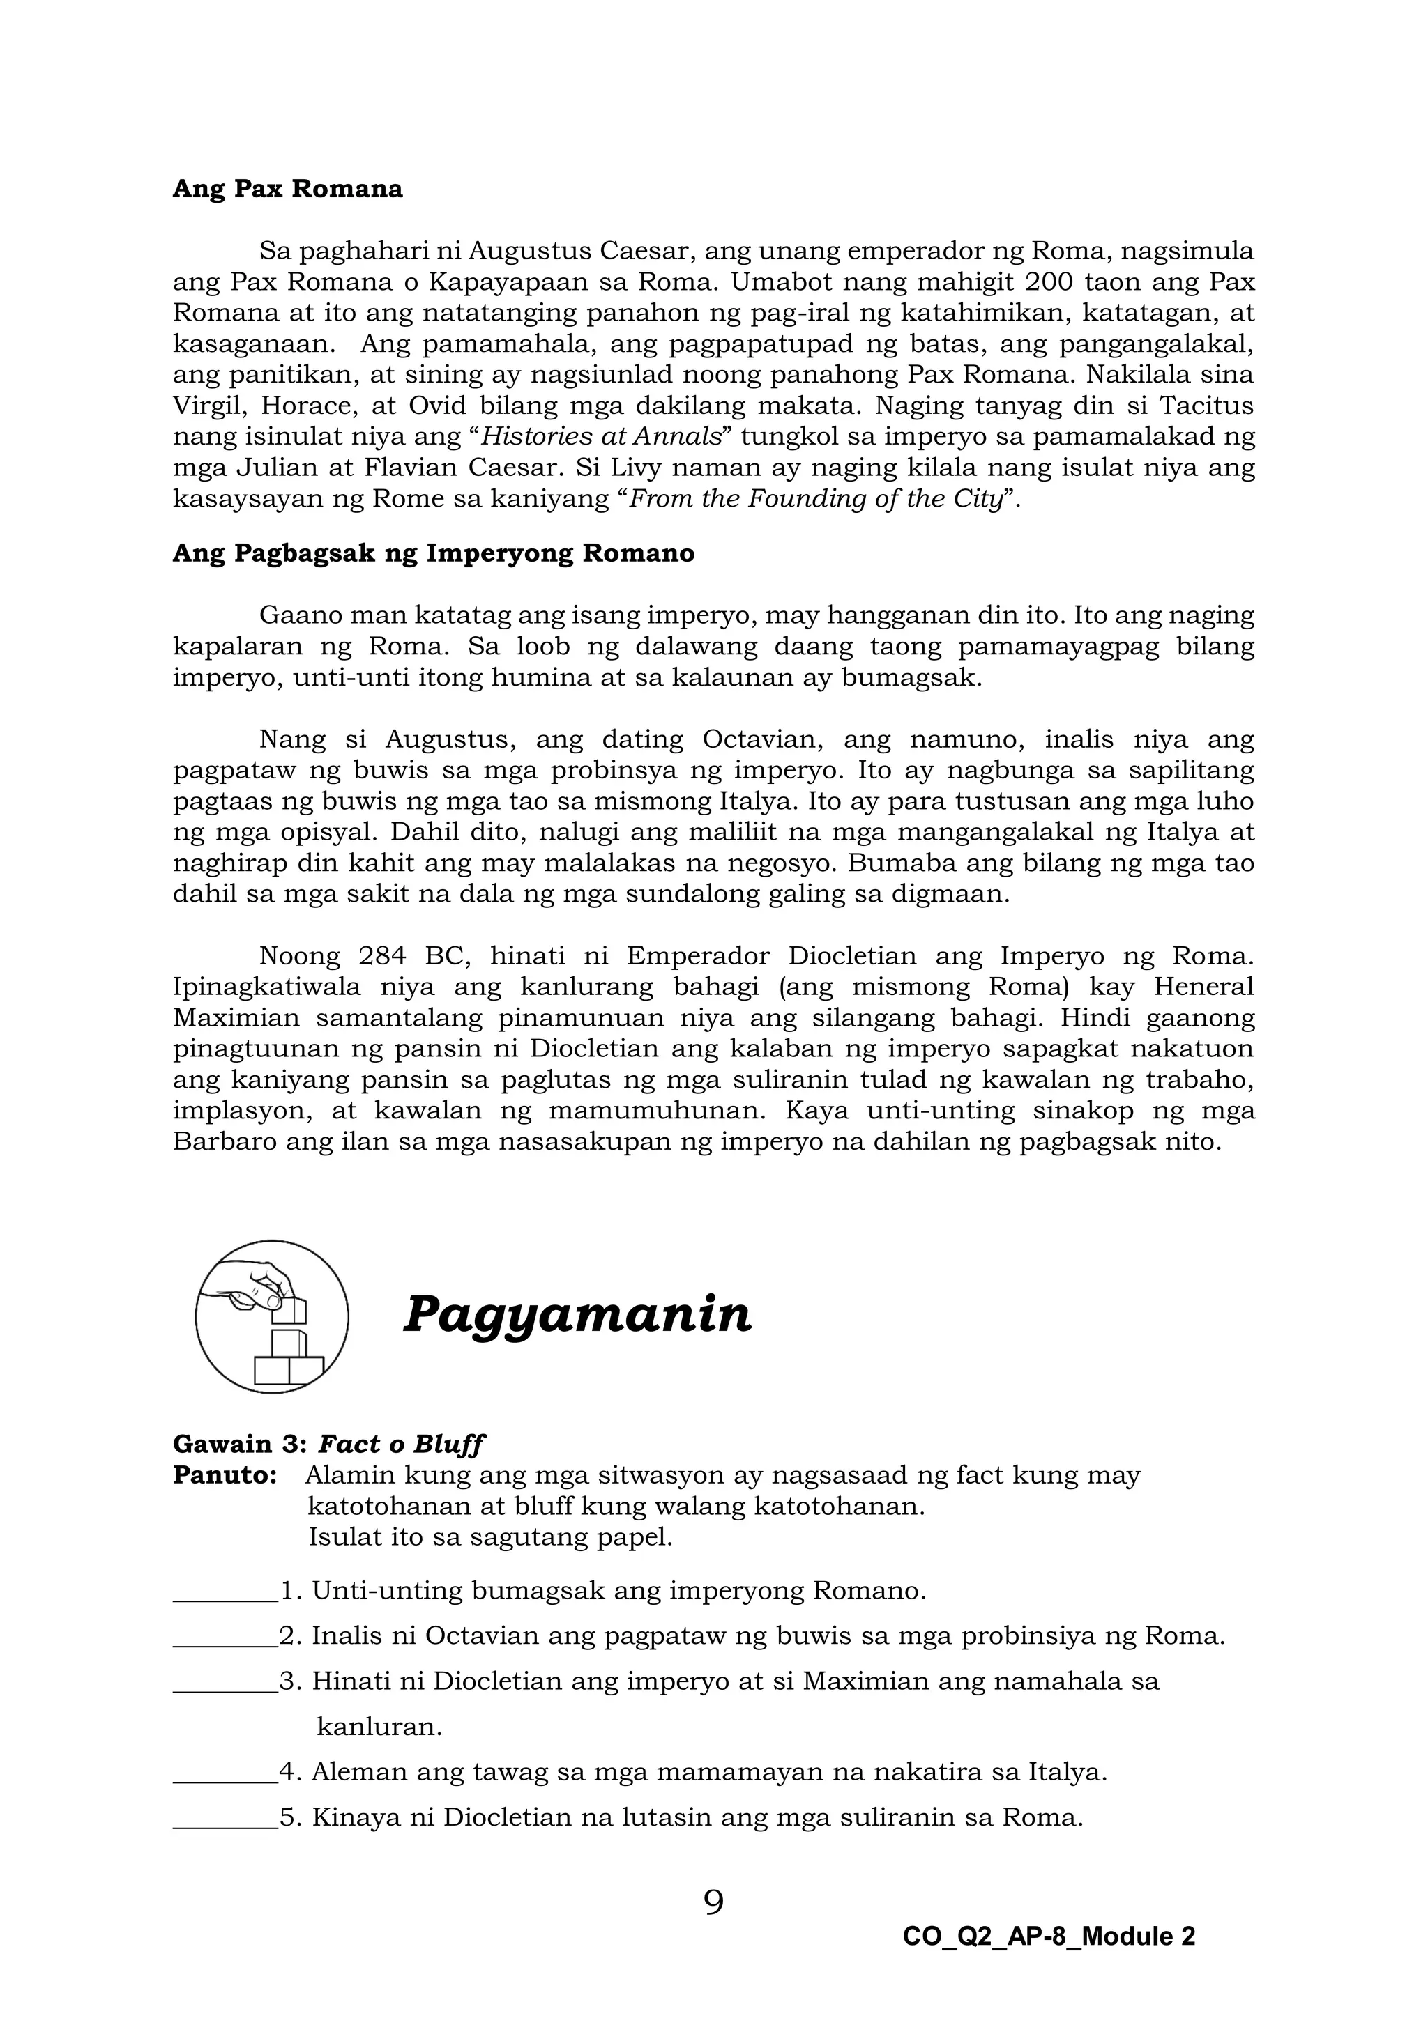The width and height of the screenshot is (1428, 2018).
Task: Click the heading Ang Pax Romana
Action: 287,190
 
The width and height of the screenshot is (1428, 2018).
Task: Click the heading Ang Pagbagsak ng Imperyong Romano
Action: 434,554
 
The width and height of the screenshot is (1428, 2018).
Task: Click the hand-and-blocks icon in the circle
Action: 272,1316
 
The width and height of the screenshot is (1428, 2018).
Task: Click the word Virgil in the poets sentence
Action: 206,406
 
